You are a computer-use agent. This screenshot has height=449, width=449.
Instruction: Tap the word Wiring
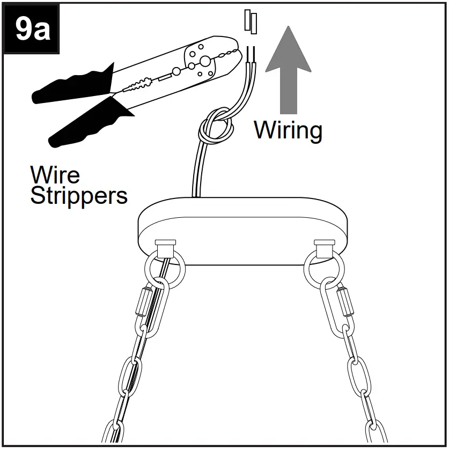click(288, 130)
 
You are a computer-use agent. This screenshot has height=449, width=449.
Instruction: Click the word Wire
click(55, 175)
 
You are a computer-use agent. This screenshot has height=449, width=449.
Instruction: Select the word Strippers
click(79, 196)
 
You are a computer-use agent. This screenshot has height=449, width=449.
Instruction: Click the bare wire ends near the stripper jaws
click(251, 54)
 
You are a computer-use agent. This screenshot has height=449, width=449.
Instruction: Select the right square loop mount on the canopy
click(324, 249)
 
